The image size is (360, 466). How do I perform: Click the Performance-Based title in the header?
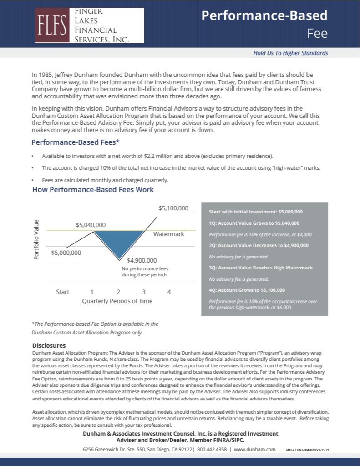(264, 15)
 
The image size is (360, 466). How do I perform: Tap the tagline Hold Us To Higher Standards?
(290, 53)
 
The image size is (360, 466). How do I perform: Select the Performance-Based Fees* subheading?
(76, 142)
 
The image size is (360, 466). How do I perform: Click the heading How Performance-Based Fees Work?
(93, 189)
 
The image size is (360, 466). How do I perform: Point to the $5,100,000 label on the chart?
(173, 208)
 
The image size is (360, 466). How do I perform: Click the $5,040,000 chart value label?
(91, 225)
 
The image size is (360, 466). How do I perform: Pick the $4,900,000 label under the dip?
(142, 260)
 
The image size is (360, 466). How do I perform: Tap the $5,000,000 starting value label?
(66, 253)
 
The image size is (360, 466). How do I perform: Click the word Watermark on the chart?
(168, 234)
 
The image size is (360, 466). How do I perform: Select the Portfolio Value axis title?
(37, 240)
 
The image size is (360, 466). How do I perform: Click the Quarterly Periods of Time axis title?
(117, 301)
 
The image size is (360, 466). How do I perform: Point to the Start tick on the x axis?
(62, 292)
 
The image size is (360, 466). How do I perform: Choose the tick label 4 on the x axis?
(169, 292)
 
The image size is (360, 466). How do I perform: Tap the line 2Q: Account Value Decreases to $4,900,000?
(259, 246)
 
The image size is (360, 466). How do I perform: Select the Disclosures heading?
(49, 346)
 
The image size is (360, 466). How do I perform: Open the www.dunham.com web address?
(255, 449)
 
